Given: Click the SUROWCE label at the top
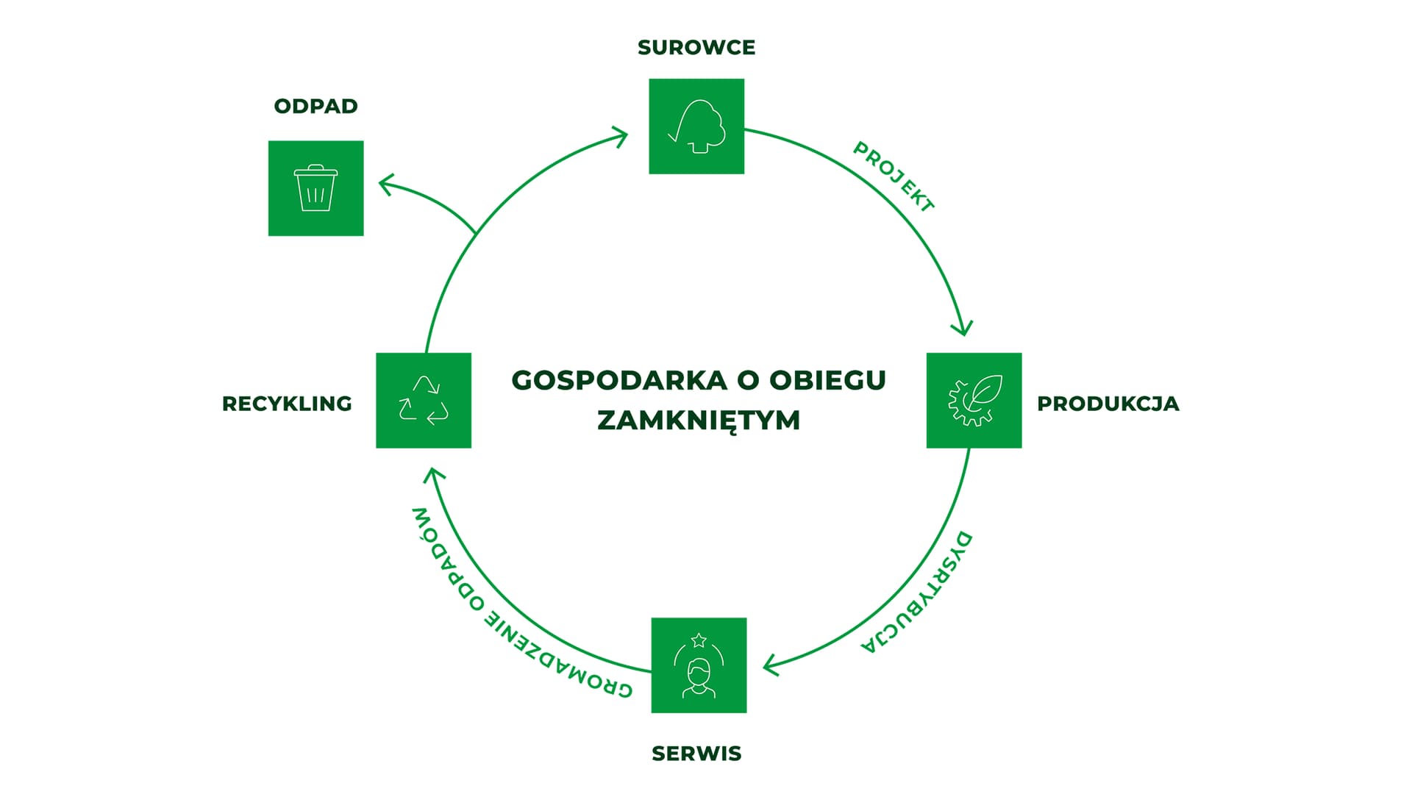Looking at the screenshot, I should (x=696, y=48).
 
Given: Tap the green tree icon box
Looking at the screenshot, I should (x=696, y=126).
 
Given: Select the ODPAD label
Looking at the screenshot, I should (x=315, y=107).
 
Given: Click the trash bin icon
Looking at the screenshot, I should (x=315, y=188).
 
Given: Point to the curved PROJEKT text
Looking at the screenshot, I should (x=894, y=177).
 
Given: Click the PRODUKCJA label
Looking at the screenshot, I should (x=1108, y=404).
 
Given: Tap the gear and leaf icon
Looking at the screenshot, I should (x=974, y=400).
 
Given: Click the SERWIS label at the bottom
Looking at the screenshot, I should (x=696, y=754).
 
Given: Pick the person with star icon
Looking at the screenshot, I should (x=699, y=665).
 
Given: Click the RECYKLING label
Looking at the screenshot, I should (x=287, y=404).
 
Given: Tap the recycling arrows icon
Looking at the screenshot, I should (x=424, y=400).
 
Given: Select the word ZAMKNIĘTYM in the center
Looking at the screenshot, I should (x=699, y=421).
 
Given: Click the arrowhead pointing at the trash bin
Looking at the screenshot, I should (x=386, y=183).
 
